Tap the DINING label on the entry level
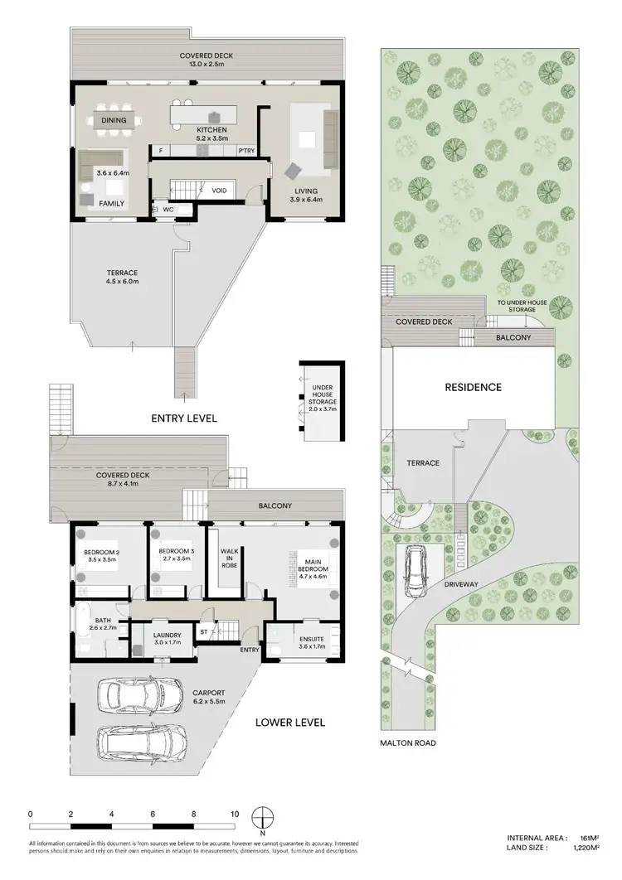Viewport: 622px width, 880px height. pos(114,120)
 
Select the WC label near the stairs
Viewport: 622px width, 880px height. pos(167,210)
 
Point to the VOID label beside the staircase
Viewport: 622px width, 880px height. pos(219,191)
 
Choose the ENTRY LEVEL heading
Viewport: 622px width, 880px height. pos(184,418)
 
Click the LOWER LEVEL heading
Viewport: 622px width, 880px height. pos(290,722)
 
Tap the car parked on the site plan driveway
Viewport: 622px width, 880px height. pos(415,573)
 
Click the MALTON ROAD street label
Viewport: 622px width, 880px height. pos(408,743)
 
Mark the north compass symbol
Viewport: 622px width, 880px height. pos(262,816)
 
